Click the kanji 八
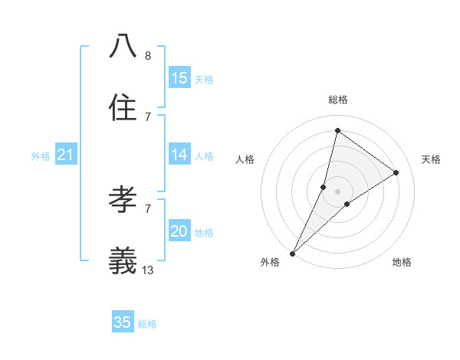123,45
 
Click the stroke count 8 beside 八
148,55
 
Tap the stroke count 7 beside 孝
148,208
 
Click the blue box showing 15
179,78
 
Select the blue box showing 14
179,155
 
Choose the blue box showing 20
179,231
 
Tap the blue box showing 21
65,155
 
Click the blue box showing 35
123,322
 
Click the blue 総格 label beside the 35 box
147,324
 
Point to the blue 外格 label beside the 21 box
41,156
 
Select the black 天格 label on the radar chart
431,159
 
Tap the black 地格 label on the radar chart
402,263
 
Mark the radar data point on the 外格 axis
292,253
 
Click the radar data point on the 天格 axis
396,172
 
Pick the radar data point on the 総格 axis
337,130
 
